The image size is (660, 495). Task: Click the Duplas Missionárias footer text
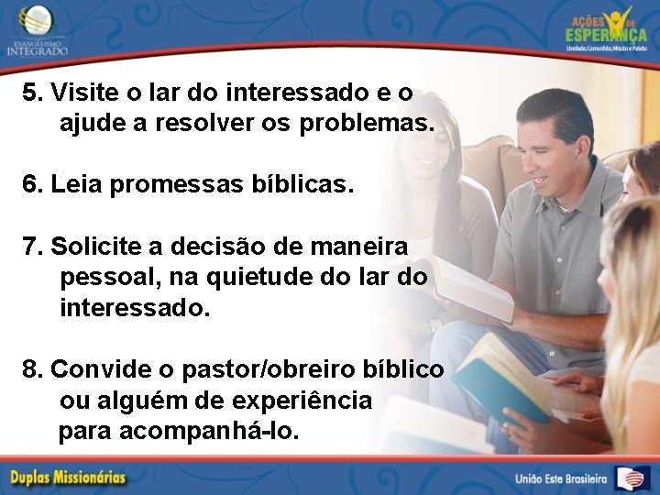[69, 478]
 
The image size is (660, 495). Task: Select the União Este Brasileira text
[561, 478]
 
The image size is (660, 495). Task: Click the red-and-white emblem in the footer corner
[632, 478]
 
